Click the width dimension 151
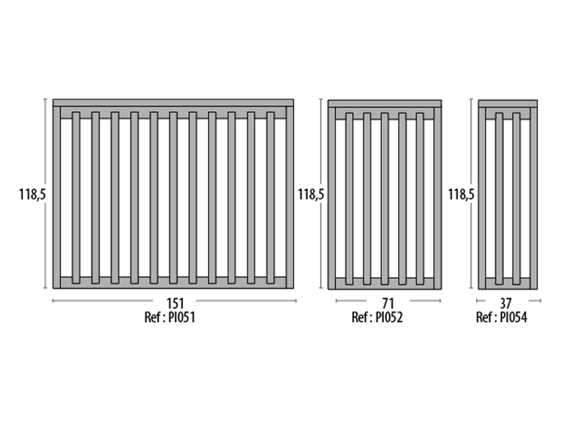click(x=175, y=303)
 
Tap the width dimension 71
click(x=388, y=303)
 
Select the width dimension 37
click(x=506, y=303)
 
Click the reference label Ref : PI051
click(x=170, y=317)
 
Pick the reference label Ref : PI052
click(x=378, y=317)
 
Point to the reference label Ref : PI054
click(x=502, y=317)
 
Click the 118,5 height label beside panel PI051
click(x=32, y=194)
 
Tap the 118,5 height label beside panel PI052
click(x=311, y=194)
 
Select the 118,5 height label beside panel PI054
click(x=461, y=194)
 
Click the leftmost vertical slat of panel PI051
click(x=76, y=198)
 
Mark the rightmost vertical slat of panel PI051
click(x=270, y=198)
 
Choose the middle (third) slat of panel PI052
click(x=385, y=199)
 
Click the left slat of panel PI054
click(x=499, y=199)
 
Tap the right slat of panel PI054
click(x=516, y=199)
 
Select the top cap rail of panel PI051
click(x=173, y=102)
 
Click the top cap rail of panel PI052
click(x=385, y=104)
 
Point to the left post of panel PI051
click(x=56, y=197)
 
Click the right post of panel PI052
click(x=438, y=199)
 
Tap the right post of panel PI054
click(x=533, y=199)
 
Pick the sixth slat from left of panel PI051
click(x=173, y=198)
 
